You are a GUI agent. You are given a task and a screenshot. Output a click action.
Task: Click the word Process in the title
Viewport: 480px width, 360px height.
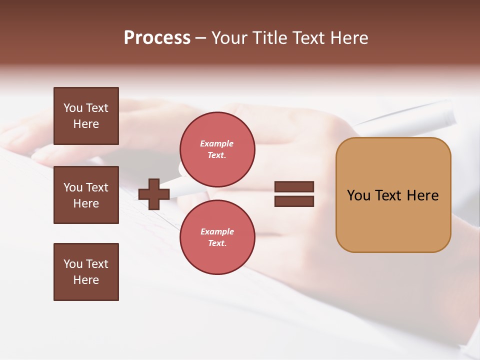(x=157, y=38)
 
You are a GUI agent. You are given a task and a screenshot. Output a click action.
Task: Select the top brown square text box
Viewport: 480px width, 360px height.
(x=86, y=116)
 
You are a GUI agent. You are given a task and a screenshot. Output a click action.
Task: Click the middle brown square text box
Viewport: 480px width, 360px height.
(x=86, y=195)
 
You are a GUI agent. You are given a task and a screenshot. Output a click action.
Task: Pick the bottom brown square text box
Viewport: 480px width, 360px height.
(x=86, y=272)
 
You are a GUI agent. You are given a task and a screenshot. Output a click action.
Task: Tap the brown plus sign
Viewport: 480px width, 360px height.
(x=154, y=194)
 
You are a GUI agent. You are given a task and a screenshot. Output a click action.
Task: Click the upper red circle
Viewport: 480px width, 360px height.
(x=217, y=149)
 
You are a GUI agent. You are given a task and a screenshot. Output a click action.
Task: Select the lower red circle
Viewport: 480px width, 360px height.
(x=217, y=237)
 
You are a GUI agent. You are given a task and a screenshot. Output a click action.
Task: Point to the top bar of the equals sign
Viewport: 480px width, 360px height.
(x=294, y=187)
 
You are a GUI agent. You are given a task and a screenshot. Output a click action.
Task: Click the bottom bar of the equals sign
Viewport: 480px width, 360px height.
(x=294, y=201)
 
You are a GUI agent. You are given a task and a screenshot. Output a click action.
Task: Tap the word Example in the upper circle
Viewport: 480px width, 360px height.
(x=217, y=143)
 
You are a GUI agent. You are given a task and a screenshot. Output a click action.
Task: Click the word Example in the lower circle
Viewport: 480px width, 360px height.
(x=217, y=231)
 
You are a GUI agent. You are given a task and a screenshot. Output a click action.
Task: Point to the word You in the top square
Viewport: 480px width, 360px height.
(x=73, y=108)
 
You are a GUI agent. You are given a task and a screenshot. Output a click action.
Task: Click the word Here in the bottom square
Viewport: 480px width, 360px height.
(x=86, y=280)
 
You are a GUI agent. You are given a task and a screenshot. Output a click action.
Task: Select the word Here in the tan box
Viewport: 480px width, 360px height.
(x=422, y=195)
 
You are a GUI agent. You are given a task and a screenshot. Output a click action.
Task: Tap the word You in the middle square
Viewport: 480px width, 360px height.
(x=73, y=187)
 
